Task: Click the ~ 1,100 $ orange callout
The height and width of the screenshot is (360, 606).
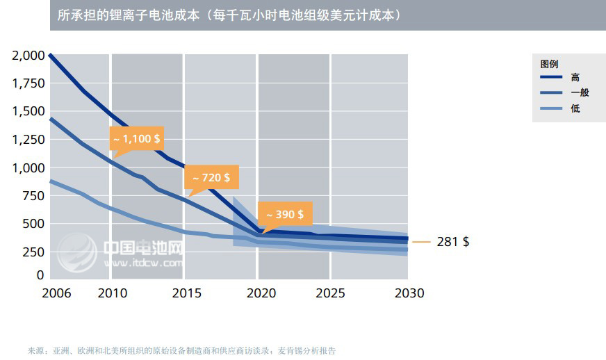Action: pyautogui.click(x=136, y=138)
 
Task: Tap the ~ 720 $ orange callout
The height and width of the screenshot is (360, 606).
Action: pyautogui.click(x=211, y=177)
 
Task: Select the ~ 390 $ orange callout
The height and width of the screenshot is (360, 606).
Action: pyautogui.click(x=285, y=214)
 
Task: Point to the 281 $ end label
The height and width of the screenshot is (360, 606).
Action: pyautogui.click(x=452, y=242)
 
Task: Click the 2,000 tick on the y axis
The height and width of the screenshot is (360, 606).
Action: pyautogui.click(x=28, y=55)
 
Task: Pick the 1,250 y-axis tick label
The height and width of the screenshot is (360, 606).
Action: pyautogui.click(x=28, y=139)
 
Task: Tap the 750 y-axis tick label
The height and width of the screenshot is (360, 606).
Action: pyautogui.click(x=33, y=196)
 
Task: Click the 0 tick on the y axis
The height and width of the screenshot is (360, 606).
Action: pyautogui.click(x=40, y=275)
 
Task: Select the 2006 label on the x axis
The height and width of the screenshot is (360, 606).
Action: pyautogui.click(x=56, y=293)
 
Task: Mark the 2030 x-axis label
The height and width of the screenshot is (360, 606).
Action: pyautogui.click(x=409, y=293)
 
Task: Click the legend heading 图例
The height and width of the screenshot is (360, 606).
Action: pyautogui.click(x=549, y=63)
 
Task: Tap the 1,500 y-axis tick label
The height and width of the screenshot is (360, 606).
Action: pyautogui.click(x=28, y=111)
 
